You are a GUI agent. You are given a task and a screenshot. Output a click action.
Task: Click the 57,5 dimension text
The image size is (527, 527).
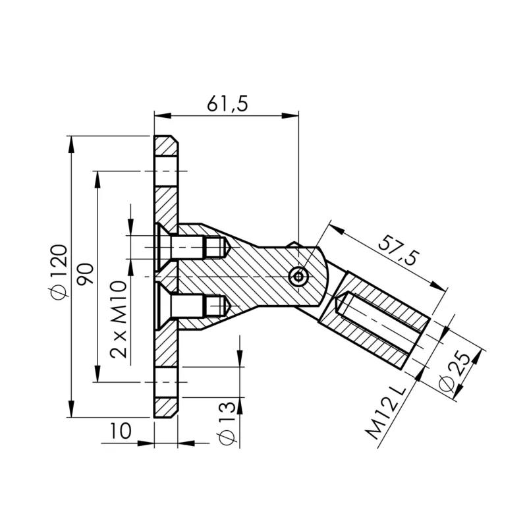[x=398, y=250]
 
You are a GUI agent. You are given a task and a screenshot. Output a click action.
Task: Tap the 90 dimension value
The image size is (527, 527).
[x=84, y=273]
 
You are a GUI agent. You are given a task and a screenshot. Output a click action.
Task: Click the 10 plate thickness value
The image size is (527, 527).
[x=121, y=431]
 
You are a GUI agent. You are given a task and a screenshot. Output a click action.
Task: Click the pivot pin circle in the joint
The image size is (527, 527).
[x=299, y=277]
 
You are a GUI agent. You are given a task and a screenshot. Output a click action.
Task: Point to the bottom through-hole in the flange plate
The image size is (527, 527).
[x=166, y=381]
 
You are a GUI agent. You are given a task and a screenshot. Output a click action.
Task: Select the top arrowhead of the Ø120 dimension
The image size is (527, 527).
[x=70, y=140]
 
